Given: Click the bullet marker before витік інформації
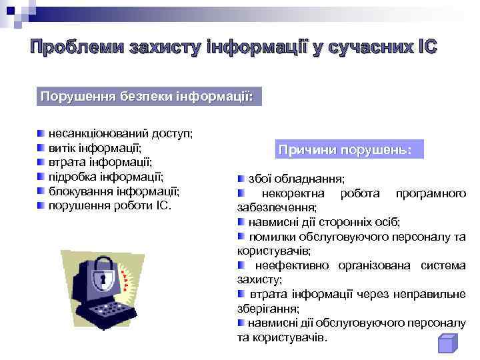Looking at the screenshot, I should pyautogui.click(x=41, y=149).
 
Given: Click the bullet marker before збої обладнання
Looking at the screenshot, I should pyautogui.click(x=241, y=179).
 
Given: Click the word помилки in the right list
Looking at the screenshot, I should pyautogui.click(x=271, y=237).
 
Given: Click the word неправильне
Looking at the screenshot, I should pyautogui.click(x=433, y=294).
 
